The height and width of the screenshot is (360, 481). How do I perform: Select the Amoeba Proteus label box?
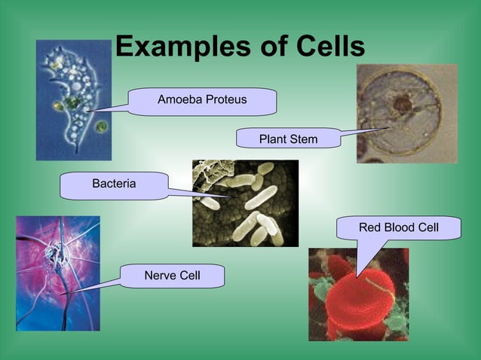[x=202, y=100]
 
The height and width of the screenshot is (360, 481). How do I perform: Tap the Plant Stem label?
[x=288, y=139]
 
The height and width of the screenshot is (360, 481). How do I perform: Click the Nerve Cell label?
[x=172, y=276]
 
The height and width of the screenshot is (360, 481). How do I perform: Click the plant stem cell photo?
[x=406, y=113]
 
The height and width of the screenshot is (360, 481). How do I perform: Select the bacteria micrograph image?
[x=245, y=203]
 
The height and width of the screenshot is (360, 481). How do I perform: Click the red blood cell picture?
[x=358, y=294]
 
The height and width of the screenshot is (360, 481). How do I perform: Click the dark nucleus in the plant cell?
[x=403, y=105]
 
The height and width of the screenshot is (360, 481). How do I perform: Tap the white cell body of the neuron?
[x=54, y=260]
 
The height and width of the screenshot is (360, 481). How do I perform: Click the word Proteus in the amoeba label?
[x=225, y=100]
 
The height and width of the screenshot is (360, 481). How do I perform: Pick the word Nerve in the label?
[x=158, y=276]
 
